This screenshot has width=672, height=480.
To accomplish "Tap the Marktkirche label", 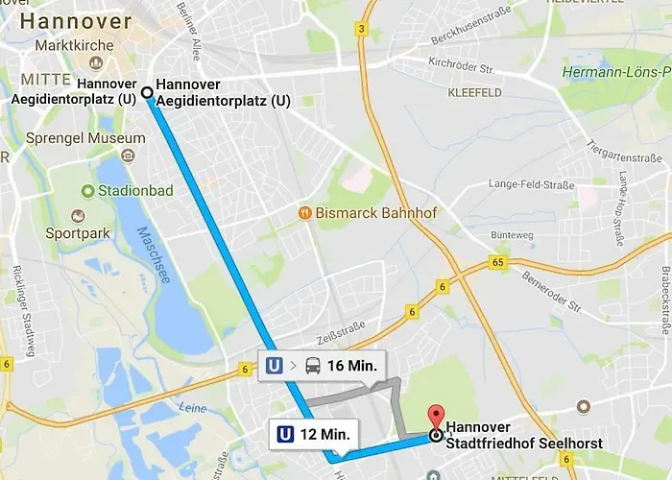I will point(74,45).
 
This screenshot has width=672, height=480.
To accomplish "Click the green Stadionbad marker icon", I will point(88,191).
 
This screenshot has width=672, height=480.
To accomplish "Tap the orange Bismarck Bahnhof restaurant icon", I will point(304,211).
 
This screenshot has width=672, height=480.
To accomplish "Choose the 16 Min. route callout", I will point(323,365).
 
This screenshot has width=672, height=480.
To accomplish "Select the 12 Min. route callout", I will point(313,434).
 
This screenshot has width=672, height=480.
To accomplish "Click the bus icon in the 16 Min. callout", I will point(313,365).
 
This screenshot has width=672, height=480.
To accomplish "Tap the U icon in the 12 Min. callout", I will point(285,434).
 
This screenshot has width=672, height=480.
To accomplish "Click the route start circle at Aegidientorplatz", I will point(147,93).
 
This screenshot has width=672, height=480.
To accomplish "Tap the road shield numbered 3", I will point(361,29).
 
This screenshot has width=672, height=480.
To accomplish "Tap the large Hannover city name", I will point(75,20).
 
